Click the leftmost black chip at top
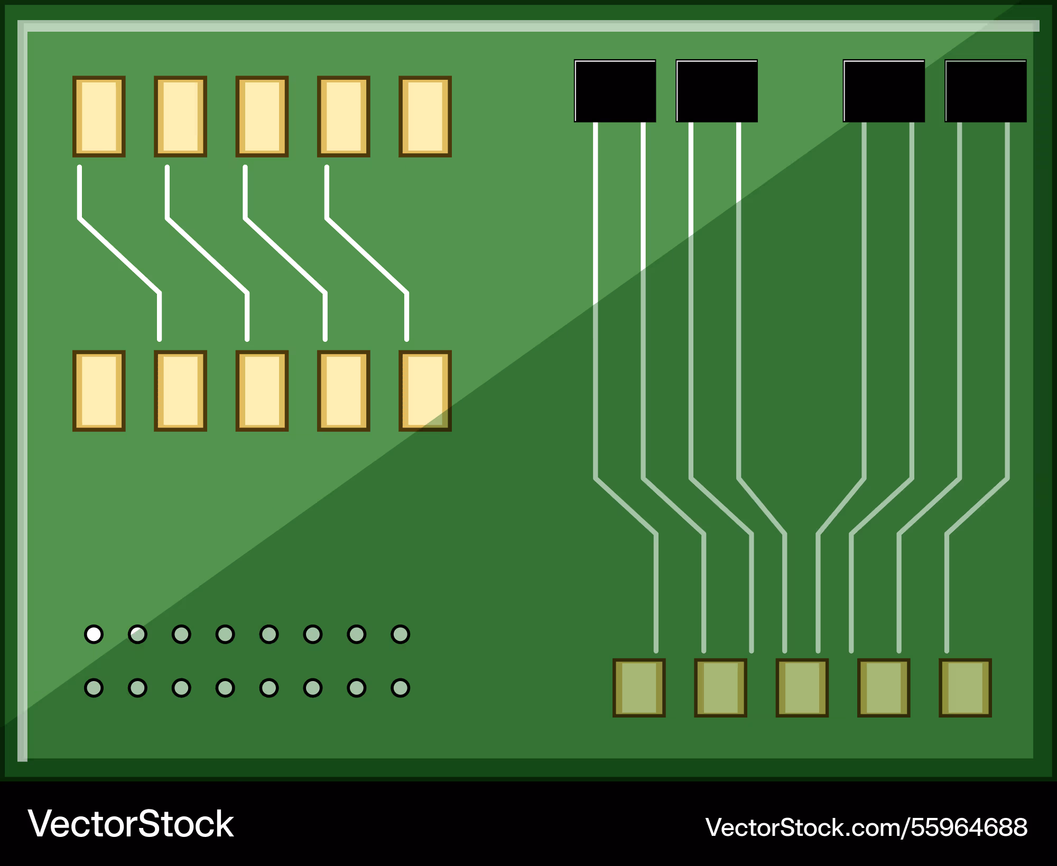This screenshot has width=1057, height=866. coord(615,91)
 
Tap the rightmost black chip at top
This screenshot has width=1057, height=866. coord(986,91)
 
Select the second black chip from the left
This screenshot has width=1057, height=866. coord(717,91)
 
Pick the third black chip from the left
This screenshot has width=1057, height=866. coord(884,91)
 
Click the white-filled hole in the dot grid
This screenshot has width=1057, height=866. coord(94,634)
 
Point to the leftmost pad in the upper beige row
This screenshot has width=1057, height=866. coord(99,116)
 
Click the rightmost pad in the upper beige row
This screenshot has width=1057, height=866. coord(425,116)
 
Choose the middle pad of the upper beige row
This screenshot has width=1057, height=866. coord(262,116)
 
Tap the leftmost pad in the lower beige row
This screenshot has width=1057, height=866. coord(99,391)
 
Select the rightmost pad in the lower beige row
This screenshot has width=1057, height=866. coord(425,391)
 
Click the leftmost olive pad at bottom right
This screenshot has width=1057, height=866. coord(639,687)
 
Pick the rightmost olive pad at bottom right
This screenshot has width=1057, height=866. coord(965,687)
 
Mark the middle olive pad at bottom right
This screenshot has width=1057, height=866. coord(802,687)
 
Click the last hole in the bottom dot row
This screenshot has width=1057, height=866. coord(400,688)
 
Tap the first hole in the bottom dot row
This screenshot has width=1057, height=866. coord(94,688)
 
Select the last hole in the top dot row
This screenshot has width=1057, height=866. coord(400,634)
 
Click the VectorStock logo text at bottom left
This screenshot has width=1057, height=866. coord(131,824)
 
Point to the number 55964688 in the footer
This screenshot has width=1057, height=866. coord(969,827)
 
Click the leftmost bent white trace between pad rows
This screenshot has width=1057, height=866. coord(119,255)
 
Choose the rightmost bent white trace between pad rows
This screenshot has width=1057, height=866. coord(367,255)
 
